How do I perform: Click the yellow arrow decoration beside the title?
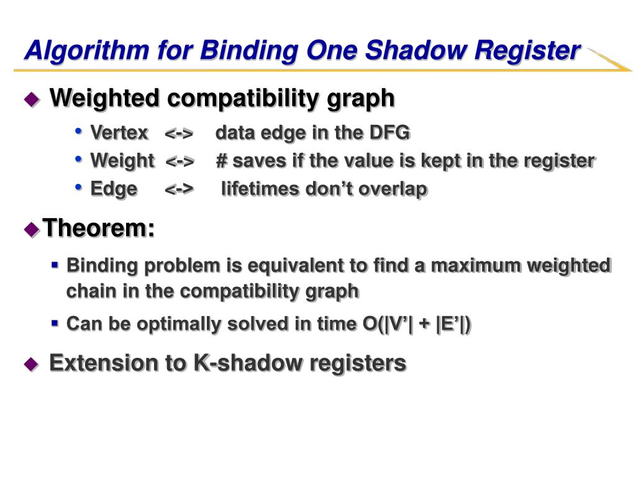tap(609, 60)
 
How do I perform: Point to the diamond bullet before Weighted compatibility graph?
tap(31, 99)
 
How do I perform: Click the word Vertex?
tap(119, 133)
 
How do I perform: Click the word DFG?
tap(389, 133)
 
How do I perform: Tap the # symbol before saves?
tap(222, 161)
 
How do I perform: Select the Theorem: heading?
tap(98, 229)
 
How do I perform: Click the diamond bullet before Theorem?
tap(31, 230)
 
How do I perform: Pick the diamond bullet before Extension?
tap(31, 365)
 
